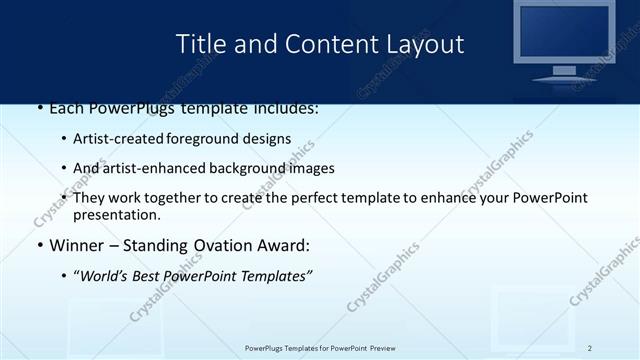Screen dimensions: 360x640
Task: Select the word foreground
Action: pyautogui.click(x=211, y=139)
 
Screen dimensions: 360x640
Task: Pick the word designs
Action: pyautogui.click(x=268, y=139)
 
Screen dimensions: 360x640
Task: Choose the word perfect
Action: pyautogui.click(x=301, y=198)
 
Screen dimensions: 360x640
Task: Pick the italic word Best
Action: pyautogui.click(x=153, y=275)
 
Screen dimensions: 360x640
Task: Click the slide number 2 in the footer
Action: pyautogui.click(x=590, y=347)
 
